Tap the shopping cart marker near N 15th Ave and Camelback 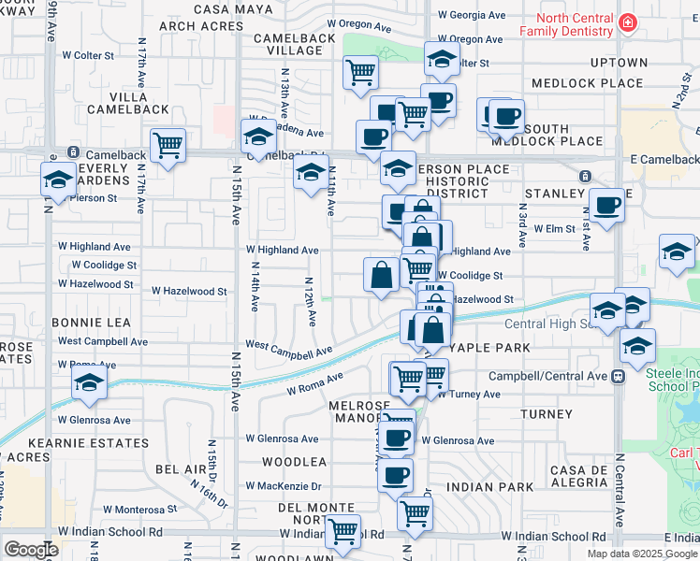(x=168, y=146)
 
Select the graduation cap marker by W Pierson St (x=58, y=179)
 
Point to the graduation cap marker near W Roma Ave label (x=90, y=382)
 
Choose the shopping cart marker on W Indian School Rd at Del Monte (x=343, y=531)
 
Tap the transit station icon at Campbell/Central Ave (x=618, y=377)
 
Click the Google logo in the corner (x=31, y=550)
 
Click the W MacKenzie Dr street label (x=284, y=486)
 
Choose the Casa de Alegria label (x=579, y=476)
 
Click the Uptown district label (x=619, y=63)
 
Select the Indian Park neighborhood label (x=489, y=487)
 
